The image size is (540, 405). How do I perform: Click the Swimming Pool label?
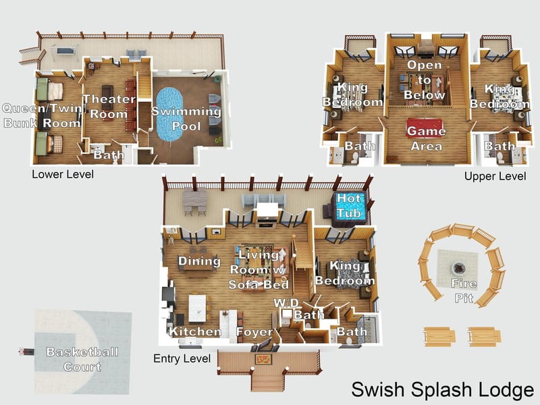point(186,119)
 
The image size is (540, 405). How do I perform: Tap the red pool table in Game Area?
point(426,127)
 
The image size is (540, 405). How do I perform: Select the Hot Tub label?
point(350,206)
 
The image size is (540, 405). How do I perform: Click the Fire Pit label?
point(464,291)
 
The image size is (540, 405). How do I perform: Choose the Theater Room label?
point(105,107)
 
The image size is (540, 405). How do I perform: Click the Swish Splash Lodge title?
point(443,389)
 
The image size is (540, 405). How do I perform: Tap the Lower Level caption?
point(63,175)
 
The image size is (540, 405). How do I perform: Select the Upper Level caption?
point(495,176)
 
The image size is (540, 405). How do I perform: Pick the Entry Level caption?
point(182,358)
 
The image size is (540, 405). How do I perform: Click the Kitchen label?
point(195,331)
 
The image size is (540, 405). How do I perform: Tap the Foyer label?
point(254,332)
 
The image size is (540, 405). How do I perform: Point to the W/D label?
point(286,303)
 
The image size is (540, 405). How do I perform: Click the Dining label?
point(199,261)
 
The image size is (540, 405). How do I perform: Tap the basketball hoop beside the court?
point(26,351)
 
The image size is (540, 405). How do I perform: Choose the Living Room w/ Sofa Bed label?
point(258,269)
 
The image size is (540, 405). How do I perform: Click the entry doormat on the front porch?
point(264,359)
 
